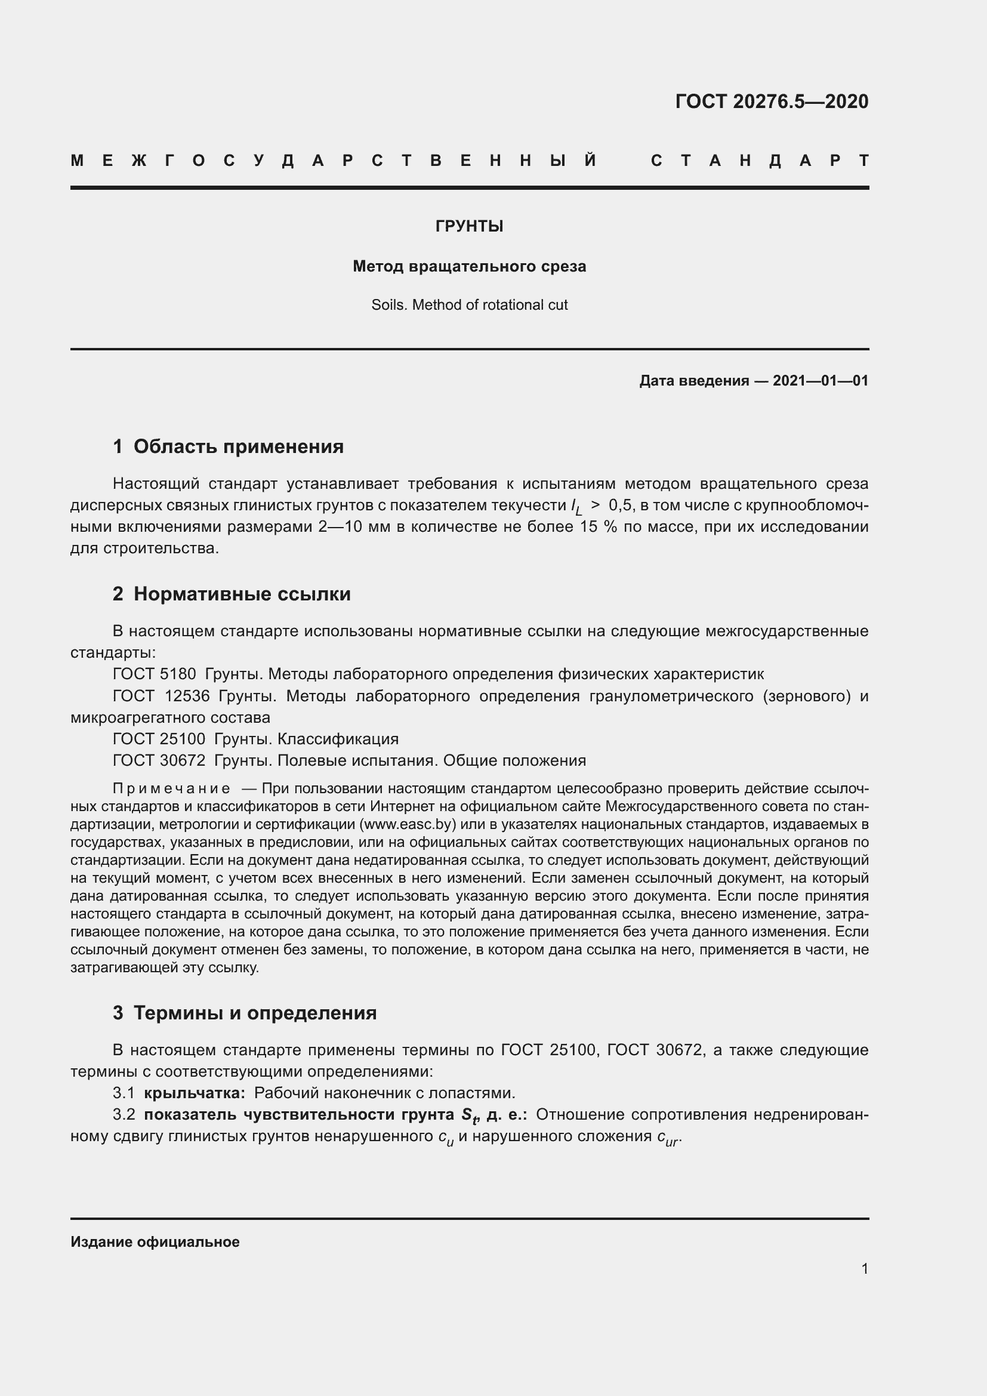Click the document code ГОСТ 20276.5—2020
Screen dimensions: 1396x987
tap(771, 101)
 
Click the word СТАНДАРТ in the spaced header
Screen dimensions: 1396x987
tap(760, 161)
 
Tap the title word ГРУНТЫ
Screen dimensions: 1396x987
tap(469, 226)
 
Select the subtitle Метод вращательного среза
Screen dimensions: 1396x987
tap(469, 266)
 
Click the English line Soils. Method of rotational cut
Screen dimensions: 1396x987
tap(469, 304)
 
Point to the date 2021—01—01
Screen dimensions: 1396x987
tap(820, 381)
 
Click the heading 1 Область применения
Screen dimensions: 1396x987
tap(228, 446)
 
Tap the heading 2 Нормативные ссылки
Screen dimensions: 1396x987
tap(232, 593)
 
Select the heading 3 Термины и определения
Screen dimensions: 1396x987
tap(244, 1012)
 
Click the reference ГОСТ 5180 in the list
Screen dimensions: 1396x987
tap(155, 674)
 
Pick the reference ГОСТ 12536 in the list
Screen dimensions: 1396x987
tap(161, 695)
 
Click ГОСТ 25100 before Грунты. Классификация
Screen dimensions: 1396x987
tap(159, 739)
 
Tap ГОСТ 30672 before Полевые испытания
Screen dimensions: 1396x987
tap(159, 760)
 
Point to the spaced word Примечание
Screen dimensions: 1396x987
tap(171, 788)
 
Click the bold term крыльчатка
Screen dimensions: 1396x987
tap(194, 1093)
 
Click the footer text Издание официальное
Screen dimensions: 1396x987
tap(155, 1241)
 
